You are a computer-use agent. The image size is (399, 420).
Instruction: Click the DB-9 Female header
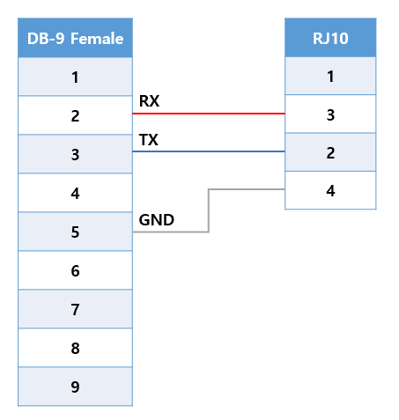click(75, 38)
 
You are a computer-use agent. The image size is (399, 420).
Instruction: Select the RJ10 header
click(330, 38)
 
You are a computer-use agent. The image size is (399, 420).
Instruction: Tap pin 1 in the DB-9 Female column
click(75, 77)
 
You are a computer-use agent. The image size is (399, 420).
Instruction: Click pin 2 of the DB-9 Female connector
click(75, 115)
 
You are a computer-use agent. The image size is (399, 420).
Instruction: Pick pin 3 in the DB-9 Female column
click(75, 154)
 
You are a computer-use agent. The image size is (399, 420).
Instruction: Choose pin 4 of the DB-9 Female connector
click(75, 193)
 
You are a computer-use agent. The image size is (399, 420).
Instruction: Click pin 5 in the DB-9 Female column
click(75, 232)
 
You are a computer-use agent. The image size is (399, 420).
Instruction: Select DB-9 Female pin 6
click(75, 270)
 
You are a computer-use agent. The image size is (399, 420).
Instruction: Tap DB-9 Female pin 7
click(75, 309)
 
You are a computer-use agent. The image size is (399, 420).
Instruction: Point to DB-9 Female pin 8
click(75, 348)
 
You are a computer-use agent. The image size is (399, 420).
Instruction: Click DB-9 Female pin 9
click(75, 387)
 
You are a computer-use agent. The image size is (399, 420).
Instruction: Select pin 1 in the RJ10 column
click(330, 76)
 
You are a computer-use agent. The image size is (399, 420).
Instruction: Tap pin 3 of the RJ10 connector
click(330, 114)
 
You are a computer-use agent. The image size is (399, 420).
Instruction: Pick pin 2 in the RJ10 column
click(330, 152)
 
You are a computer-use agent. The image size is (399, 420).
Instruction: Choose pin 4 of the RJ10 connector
click(330, 190)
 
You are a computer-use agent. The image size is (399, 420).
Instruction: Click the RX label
click(149, 101)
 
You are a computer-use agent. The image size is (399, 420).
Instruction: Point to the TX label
click(149, 140)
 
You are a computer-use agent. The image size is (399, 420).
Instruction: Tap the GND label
click(157, 220)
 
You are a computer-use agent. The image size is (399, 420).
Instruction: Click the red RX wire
click(209, 114)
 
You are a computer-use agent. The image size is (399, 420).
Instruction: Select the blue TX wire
click(209, 151)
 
